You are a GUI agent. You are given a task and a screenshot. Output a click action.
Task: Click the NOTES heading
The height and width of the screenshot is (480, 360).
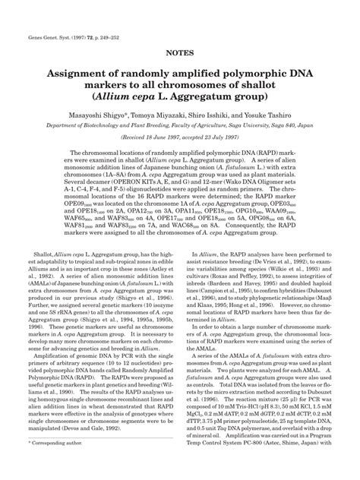pos(180,55)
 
